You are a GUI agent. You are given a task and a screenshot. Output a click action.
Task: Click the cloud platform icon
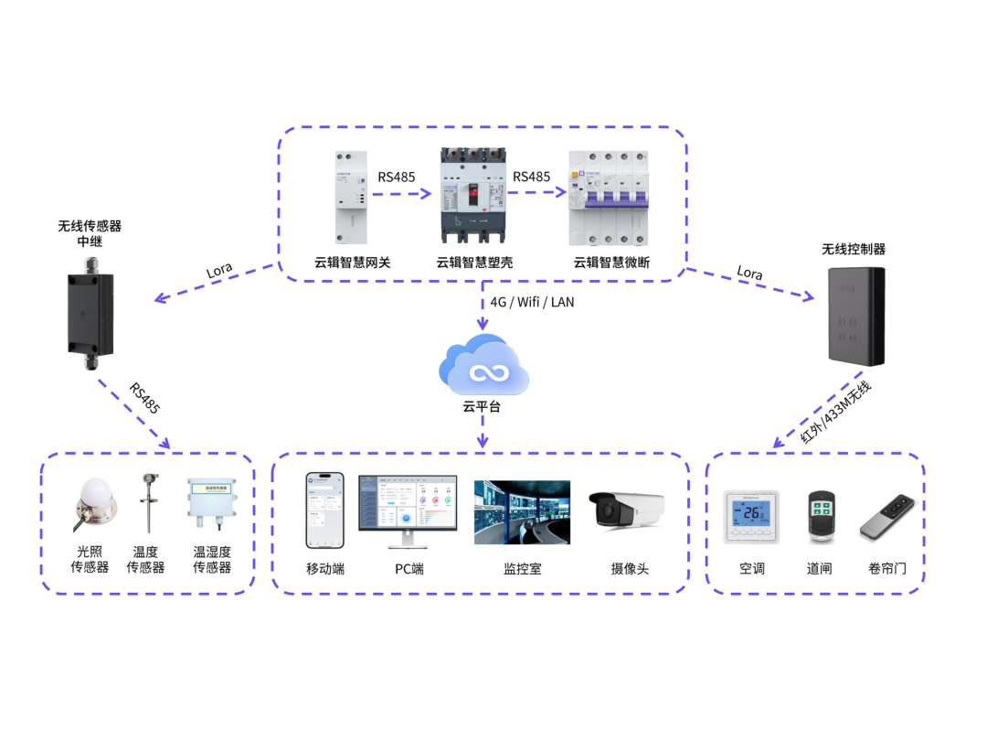[x=484, y=366]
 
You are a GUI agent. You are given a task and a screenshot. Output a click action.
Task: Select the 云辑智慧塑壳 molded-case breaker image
[x=472, y=198]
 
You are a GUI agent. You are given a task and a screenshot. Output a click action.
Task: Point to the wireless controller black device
[x=855, y=316]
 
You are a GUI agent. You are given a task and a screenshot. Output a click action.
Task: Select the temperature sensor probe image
[x=145, y=502]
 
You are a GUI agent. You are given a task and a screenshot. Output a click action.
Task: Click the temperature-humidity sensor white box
[x=211, y=504]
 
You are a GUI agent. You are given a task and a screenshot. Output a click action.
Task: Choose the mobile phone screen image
[x=324, y=510]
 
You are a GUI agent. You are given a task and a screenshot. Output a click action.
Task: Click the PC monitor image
[x=407, y=510]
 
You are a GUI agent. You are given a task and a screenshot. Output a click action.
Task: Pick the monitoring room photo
[x=522, y=512]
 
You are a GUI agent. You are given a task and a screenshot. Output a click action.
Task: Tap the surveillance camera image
[x=626, y=510]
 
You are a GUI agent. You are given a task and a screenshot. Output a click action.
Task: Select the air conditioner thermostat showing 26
[x=751, y=517]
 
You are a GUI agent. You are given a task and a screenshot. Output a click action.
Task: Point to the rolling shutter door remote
[x=887, y=517]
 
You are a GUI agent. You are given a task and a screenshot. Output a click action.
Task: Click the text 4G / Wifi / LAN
[x=532, y=301]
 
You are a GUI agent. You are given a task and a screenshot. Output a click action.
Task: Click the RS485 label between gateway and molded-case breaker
[x=397, y=177]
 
